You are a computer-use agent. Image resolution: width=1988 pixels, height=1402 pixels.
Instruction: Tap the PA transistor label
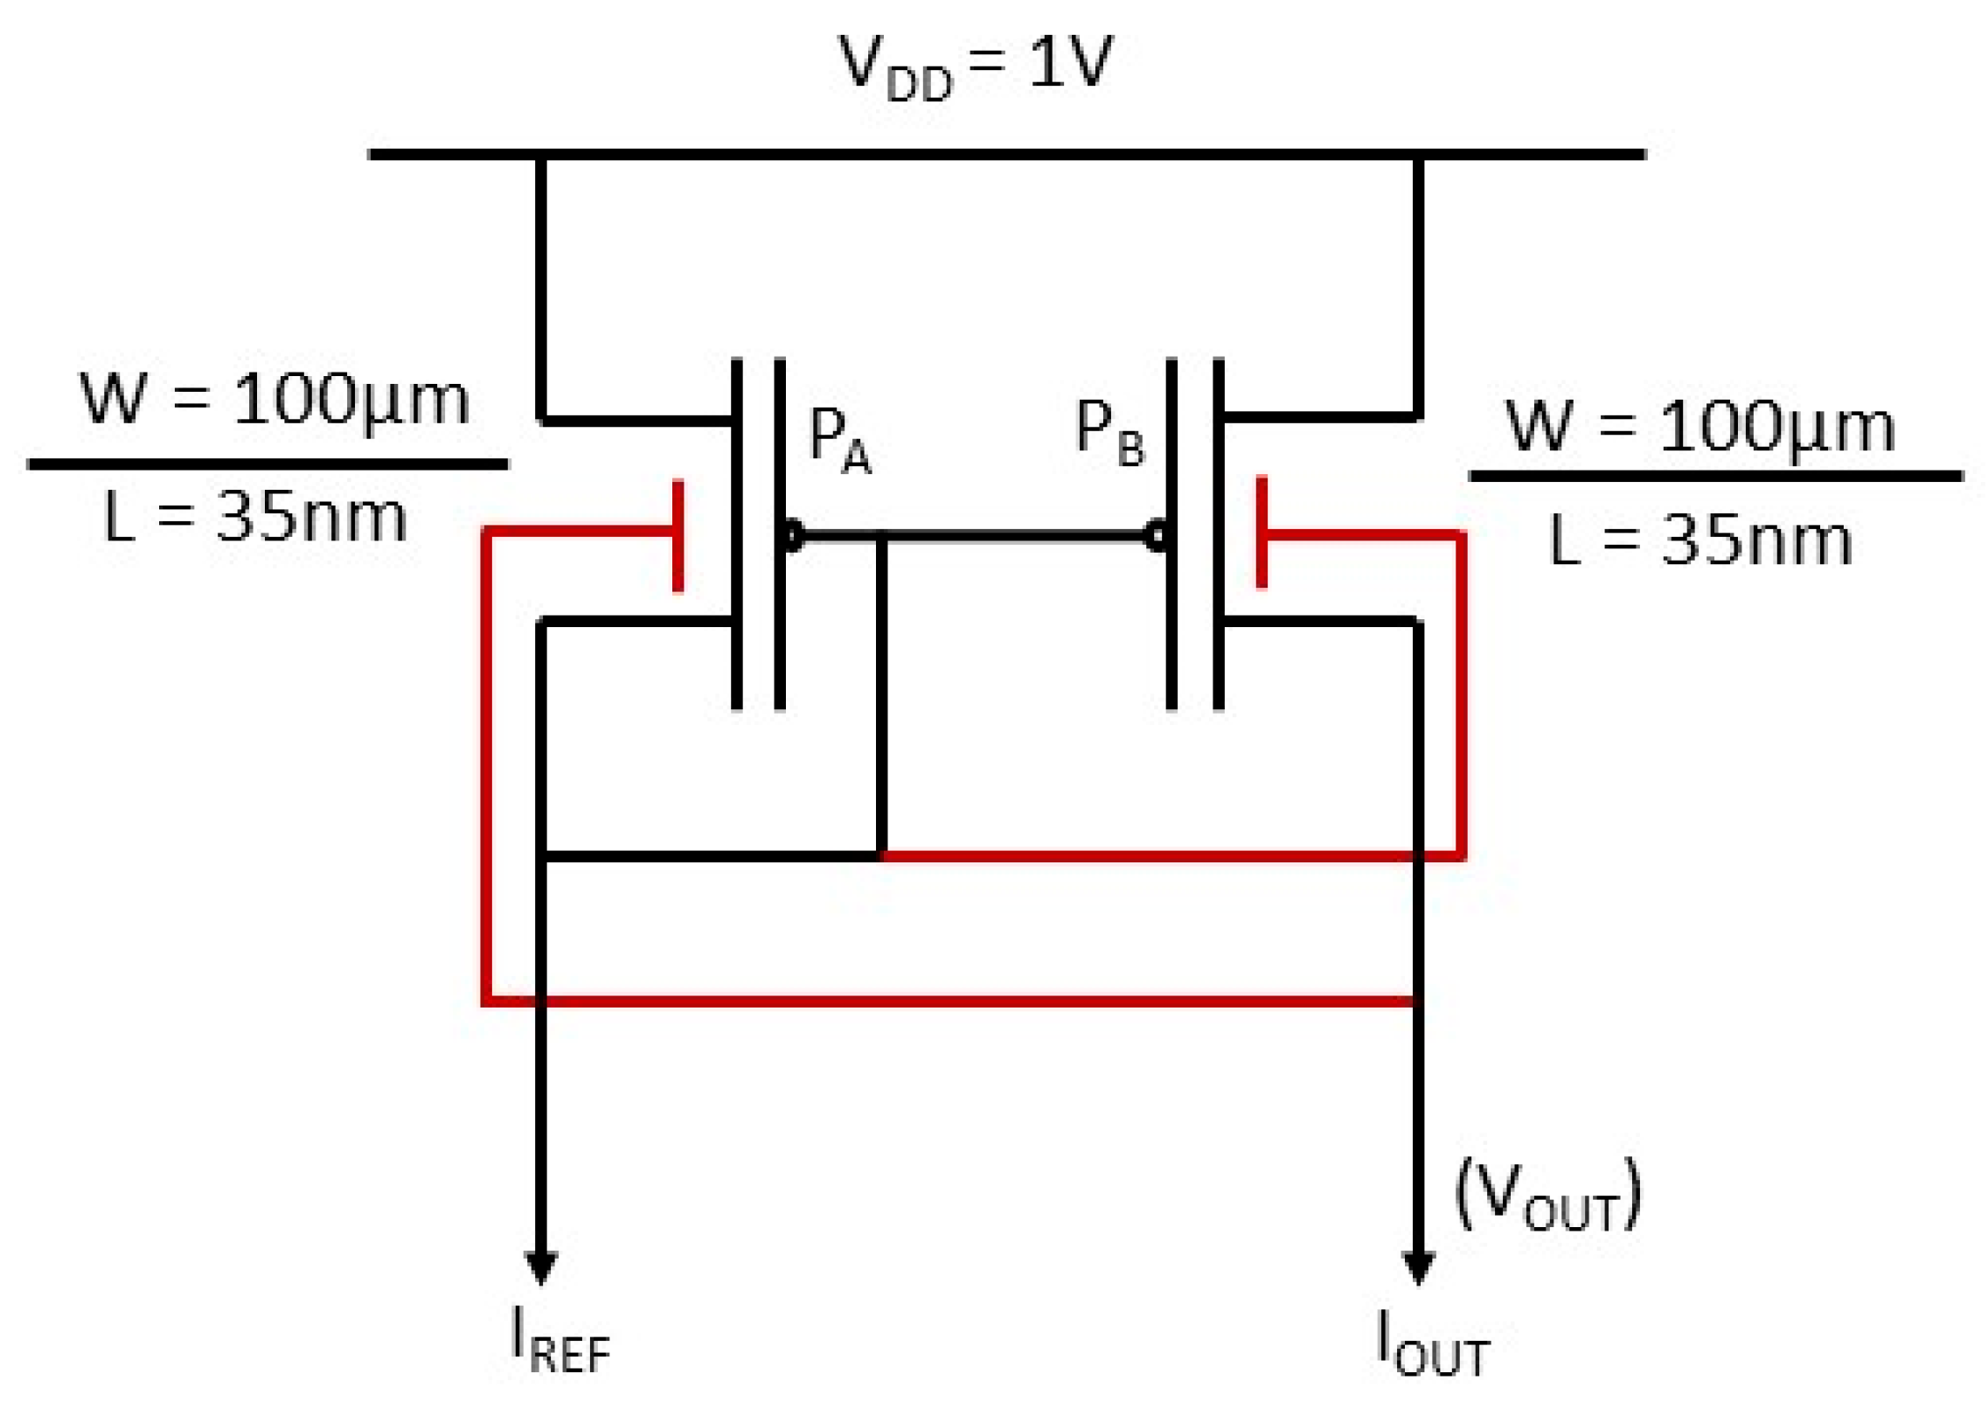point(838,440)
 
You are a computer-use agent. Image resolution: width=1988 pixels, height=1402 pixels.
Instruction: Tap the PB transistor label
point(1108,432)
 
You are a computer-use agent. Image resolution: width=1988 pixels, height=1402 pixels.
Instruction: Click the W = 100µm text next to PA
point(275,400)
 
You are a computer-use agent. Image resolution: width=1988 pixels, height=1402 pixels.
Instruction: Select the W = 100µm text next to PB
point(1699,427)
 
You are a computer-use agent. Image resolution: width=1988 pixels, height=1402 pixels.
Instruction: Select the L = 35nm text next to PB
point(1699,541)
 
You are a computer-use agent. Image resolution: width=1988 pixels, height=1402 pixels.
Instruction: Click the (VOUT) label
point(1547,1196)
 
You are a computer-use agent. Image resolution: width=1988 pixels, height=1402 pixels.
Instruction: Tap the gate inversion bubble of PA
point(792,535)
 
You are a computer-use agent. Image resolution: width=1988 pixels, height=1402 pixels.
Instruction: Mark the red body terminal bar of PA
point(678,535)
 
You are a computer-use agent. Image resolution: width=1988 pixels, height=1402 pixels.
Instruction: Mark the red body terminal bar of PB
point(1261,532)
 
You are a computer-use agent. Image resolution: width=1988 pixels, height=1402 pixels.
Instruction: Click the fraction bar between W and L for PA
point(268,464)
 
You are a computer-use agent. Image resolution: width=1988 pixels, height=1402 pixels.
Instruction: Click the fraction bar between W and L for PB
point(1716,477)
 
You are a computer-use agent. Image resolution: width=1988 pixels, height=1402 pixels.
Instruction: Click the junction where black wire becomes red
point(881,855)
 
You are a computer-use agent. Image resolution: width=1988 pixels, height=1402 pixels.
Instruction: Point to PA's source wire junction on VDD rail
point(540,155)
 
